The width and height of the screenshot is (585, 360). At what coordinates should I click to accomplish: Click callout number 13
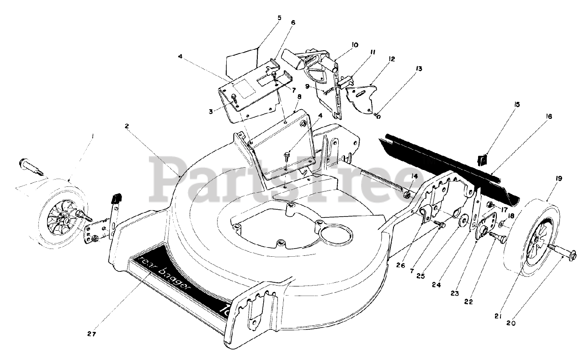(x=419, y=69)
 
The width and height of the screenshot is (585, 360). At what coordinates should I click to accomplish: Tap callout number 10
(x=355, y=45)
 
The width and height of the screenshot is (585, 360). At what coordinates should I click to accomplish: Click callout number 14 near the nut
(x=414, y=176)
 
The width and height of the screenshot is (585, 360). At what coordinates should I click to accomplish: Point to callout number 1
(x=93, y=136)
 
